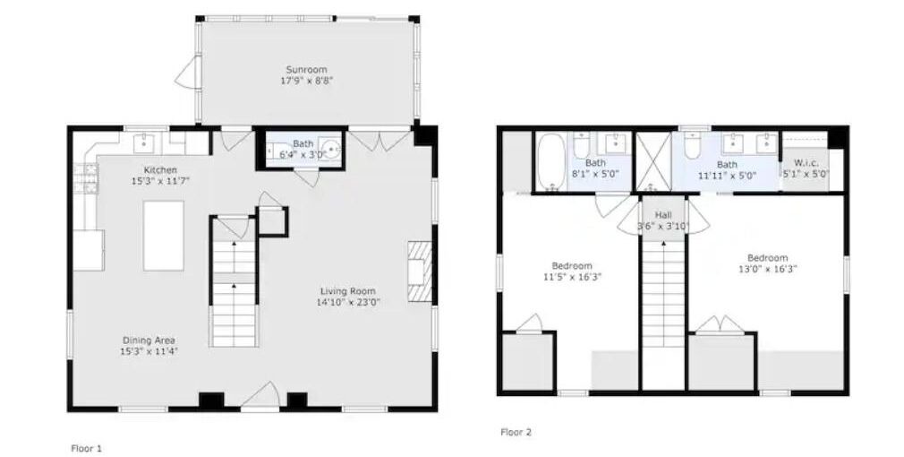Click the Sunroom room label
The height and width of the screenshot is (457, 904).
[x=307, y=70]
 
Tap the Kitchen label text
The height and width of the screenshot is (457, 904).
[x=160, y=170]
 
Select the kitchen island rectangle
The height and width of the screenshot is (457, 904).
[x=164, y=236]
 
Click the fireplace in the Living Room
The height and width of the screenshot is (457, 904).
[x=421, y=272]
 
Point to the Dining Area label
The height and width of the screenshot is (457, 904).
[x=149, y=341]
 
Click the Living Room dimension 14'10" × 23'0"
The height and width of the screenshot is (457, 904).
[x=348, y=302]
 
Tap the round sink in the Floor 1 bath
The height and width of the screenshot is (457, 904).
[x=331, y=149]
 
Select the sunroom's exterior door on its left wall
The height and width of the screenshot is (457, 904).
[x=187, y=73]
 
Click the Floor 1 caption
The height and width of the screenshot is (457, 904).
[x=87, y=448]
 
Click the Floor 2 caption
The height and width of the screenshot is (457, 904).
[x=516, y=432]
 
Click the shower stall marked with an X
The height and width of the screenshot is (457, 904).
[x=653, y=161]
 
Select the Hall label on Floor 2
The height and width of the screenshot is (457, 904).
[x=663, y=215]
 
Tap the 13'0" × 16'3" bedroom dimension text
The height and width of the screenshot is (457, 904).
[x=768, y=268]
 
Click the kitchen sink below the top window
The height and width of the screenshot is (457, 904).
[x=143, y=142]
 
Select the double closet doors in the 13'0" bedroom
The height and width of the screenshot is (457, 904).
[x=721, y=324]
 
